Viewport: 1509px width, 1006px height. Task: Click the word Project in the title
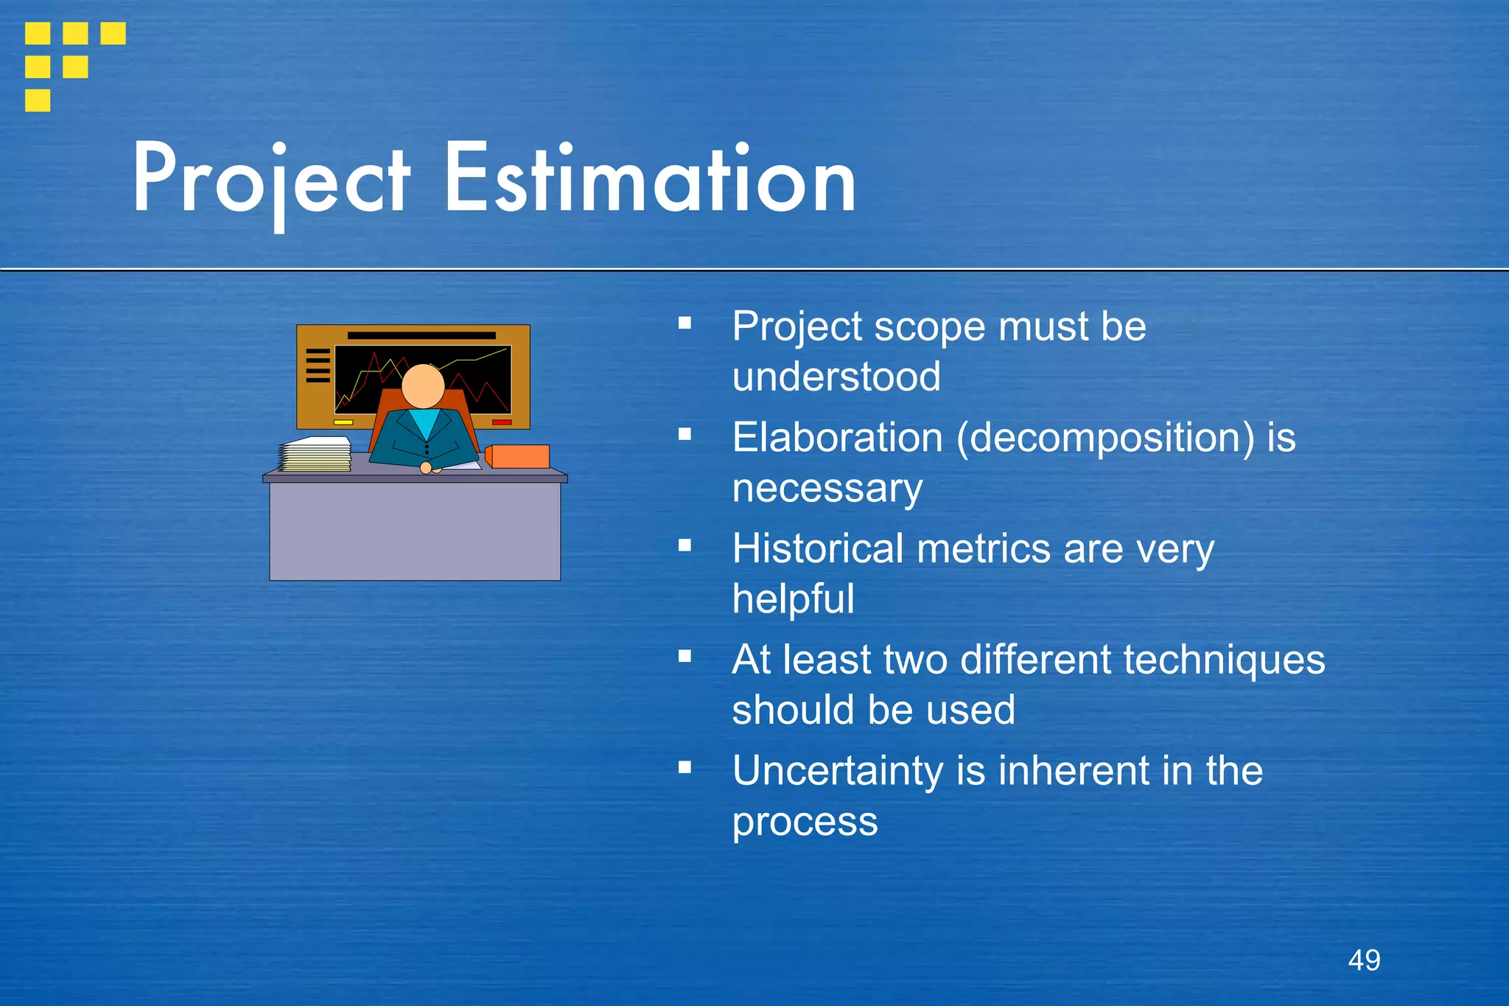tap(270, 181)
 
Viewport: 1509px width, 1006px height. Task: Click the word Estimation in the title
tap(650, 181)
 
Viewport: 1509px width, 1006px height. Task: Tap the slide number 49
tap(1364, 960)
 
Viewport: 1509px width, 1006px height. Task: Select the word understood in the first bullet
tap(836, 377)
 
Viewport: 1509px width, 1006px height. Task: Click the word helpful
tap(794, 598)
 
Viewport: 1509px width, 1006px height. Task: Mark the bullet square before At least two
tap(685, 656)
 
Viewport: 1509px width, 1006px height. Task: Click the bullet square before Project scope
tap(685, 323)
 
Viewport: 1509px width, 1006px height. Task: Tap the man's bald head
tap(423, 385)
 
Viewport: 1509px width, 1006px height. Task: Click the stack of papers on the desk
tap(315, 454)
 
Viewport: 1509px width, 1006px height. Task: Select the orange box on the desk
tap(518, 456)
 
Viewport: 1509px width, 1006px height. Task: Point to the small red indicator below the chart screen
tap(502, 422)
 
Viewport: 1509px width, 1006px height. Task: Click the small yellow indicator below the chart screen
tap(343, 422)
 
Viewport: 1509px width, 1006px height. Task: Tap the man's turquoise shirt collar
tap(424, 422)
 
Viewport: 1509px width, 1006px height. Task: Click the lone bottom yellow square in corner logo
tap(38, 100)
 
